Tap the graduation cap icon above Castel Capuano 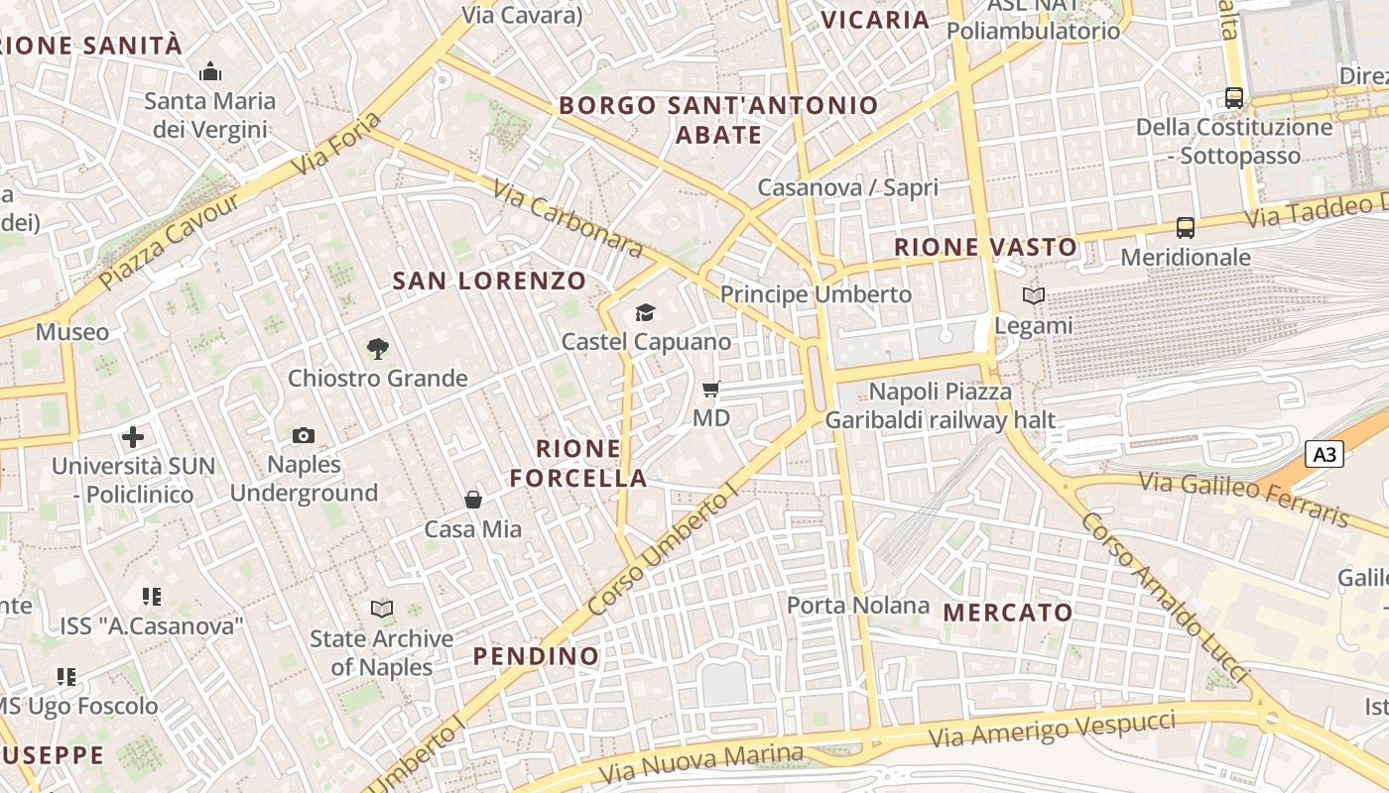click(646, 313)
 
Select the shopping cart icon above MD click(710, 389)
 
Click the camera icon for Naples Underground click(304, 435)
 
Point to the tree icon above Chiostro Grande click(377, 349)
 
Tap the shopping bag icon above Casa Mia click(473, 500)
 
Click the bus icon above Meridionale click(1186, 228)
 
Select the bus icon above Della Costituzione click(1234, 98)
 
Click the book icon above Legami click(1034, 295)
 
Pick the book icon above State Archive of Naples click(382, 609)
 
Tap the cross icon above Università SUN click(133, 437)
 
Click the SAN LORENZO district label click(490, 281)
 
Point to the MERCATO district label click(1008, 613)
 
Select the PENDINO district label click(536, 656)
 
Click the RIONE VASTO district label click(985, 248)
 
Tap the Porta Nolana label click(858, 605)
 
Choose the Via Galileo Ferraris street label click(1244, 499)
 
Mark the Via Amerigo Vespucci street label click(1052, 731)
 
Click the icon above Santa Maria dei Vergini click(210, 71)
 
